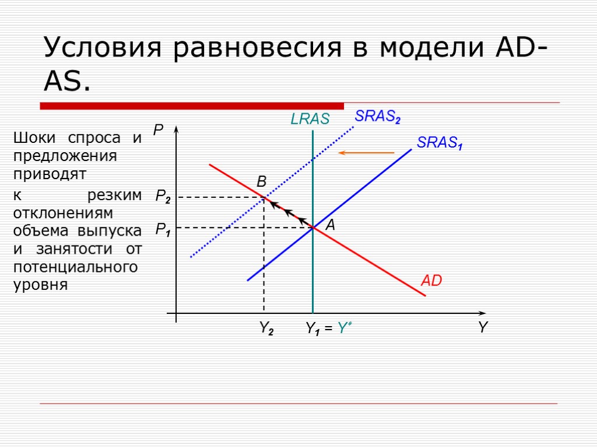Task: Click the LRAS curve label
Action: point(310,120)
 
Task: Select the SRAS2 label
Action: point(378,117)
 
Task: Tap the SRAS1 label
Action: point(440,143)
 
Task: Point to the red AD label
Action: point(431,281)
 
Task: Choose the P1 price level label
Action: point(163,230)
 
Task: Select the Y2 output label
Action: point(266,330)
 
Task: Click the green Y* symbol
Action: point(345,329)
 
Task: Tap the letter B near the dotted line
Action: point(262,183)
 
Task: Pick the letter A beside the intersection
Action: point(330,226)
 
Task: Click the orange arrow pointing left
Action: point(367,153)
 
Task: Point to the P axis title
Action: point(158,131)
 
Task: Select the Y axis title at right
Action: point(483,328)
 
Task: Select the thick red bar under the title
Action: point(192,106)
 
